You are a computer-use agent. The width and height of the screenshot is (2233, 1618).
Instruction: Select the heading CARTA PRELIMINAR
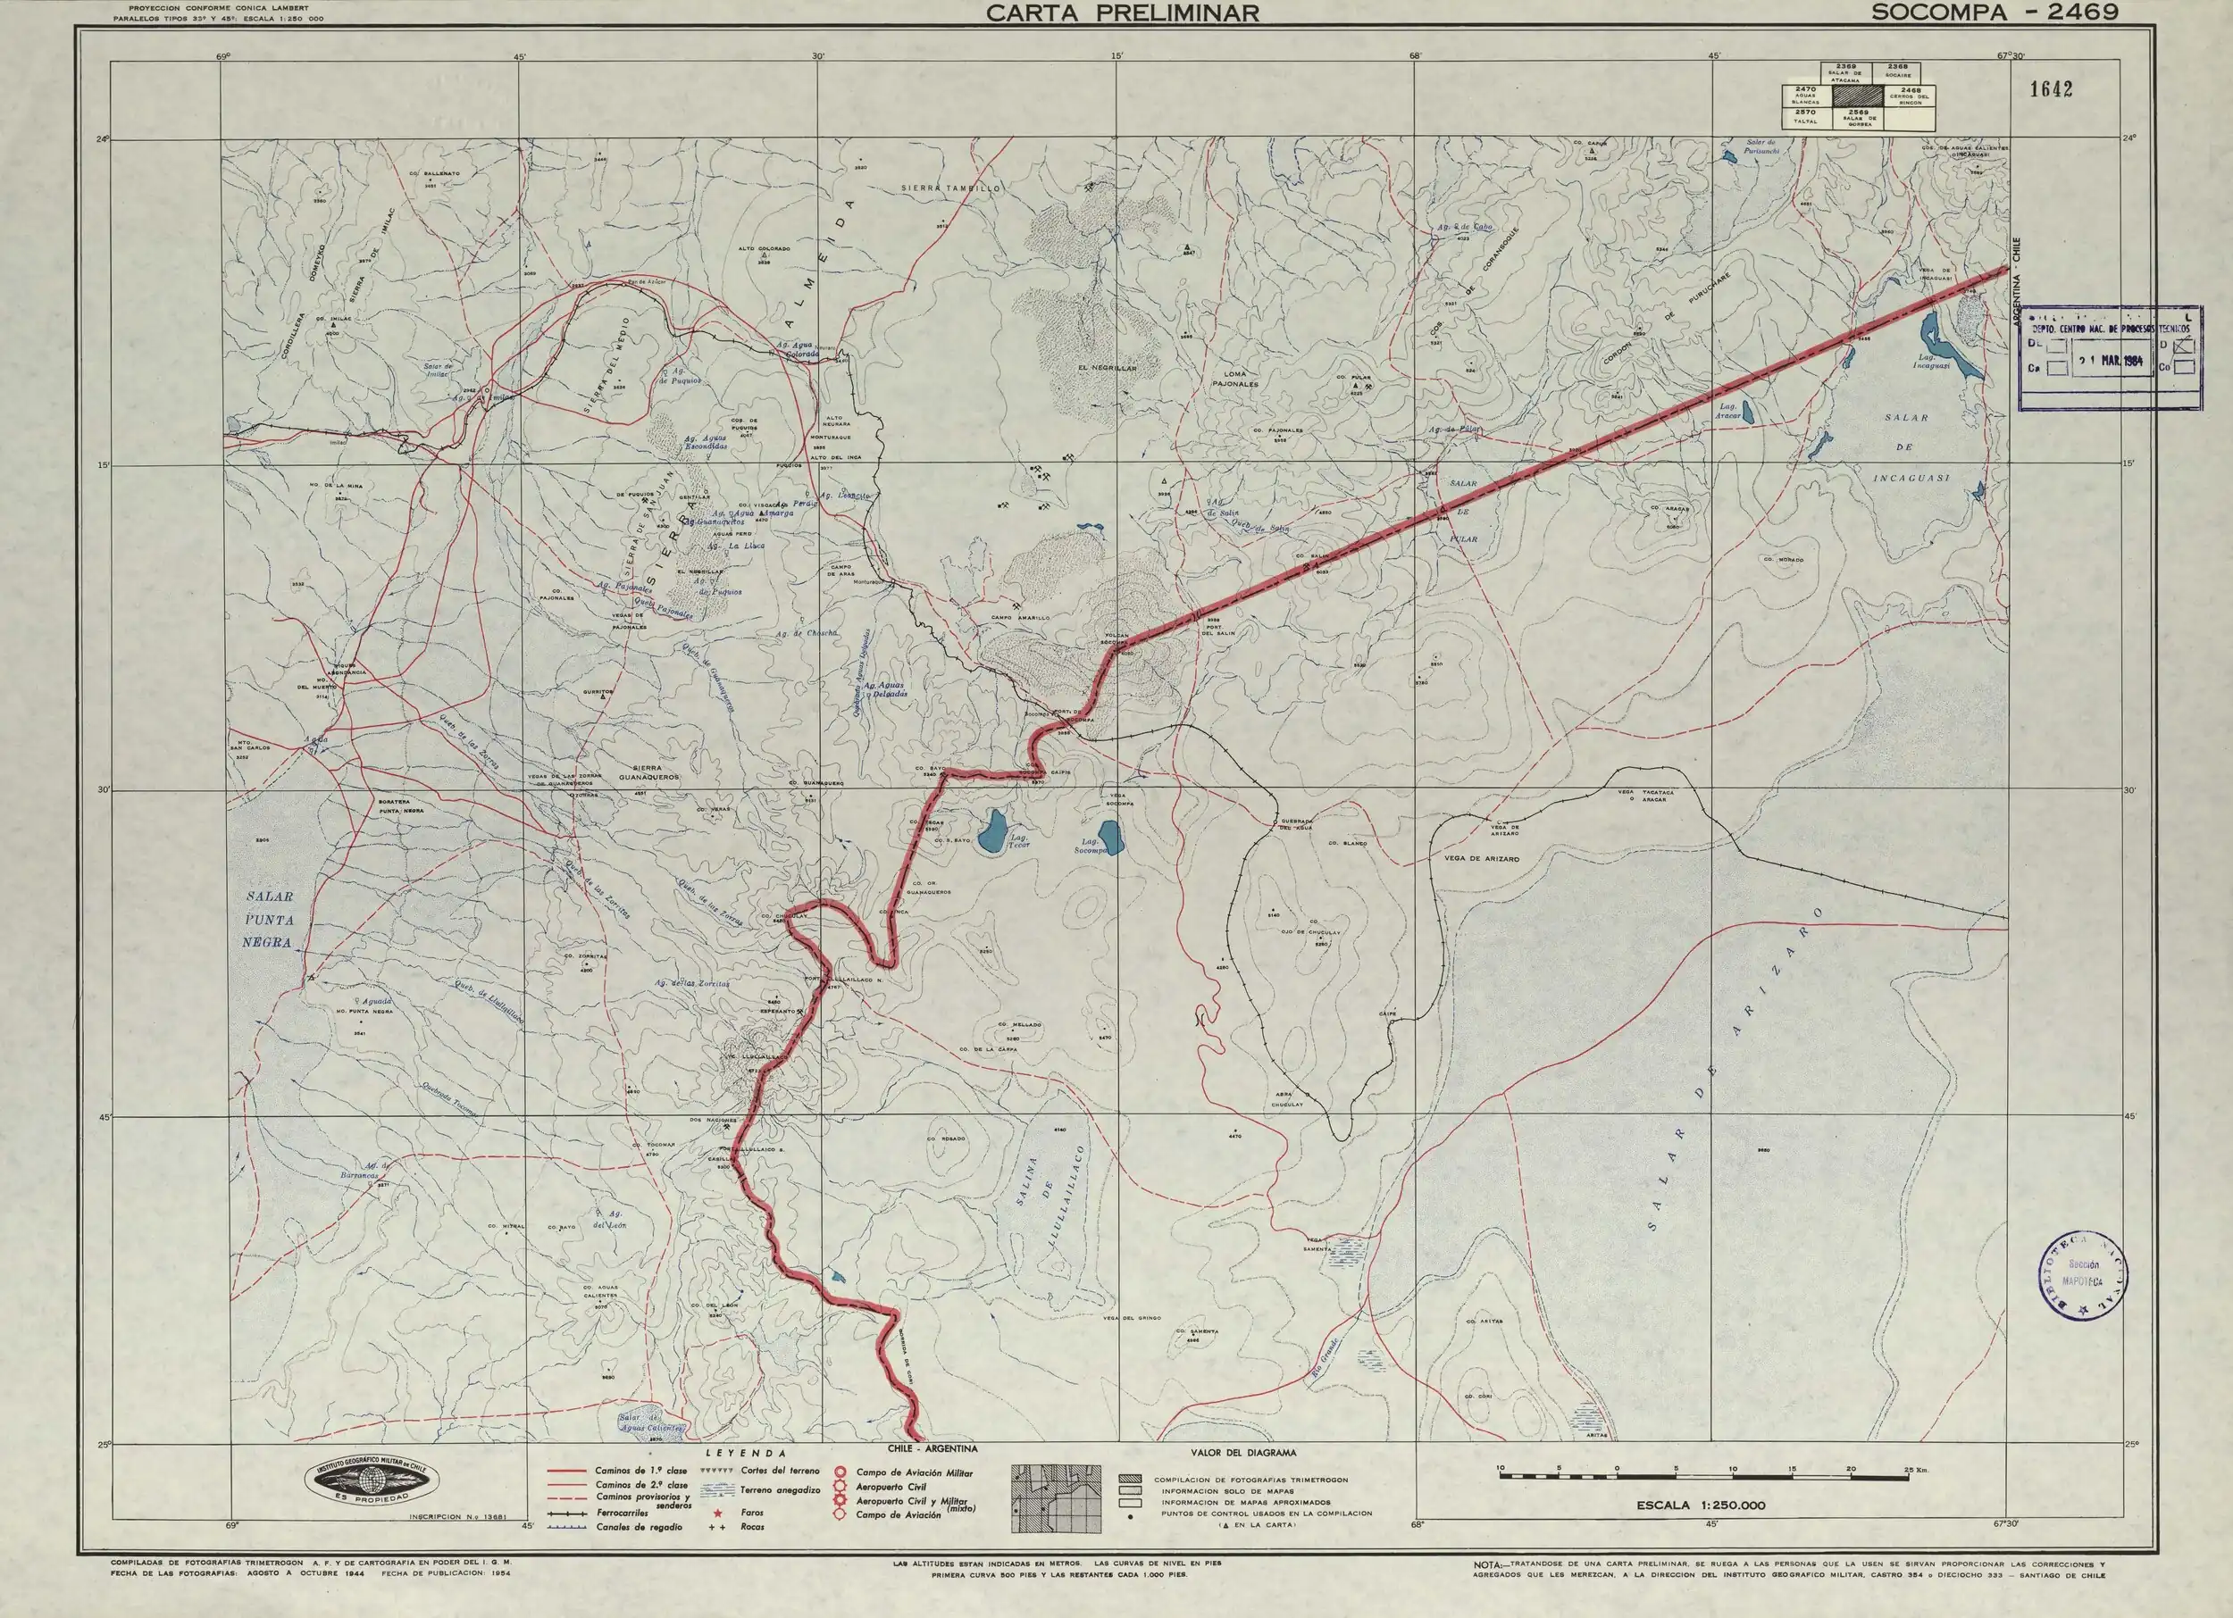pos(1123,12)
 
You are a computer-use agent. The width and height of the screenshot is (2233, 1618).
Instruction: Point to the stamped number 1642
pos(2051,89)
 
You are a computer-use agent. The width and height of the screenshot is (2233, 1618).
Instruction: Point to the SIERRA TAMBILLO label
pos(951,187)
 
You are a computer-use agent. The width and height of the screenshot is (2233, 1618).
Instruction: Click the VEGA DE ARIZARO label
pos(1481,859)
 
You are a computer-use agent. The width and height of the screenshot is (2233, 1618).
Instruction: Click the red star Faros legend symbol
pos(718,1513)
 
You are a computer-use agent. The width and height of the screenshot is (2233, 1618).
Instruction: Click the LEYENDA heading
pos(753,1453)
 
